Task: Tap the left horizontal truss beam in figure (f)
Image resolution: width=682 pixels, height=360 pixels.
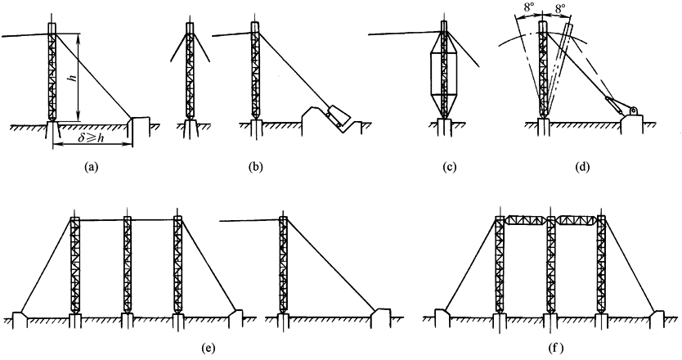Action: point(526,219)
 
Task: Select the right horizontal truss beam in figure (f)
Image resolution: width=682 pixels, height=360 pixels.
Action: point(577,219)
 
